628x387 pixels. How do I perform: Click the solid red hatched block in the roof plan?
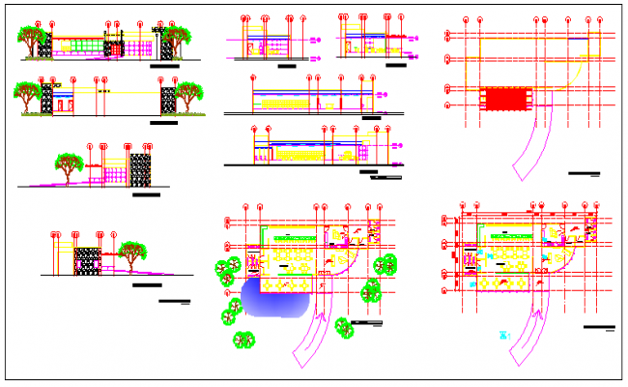(506, 98)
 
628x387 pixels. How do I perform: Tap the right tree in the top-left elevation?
(180, 39)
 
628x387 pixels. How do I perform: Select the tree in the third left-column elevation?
(69, 164)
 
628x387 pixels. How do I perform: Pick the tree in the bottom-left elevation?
(129, 254)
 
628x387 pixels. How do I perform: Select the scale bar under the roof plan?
(584, 173)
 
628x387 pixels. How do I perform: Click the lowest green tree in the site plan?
(243, 340)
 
